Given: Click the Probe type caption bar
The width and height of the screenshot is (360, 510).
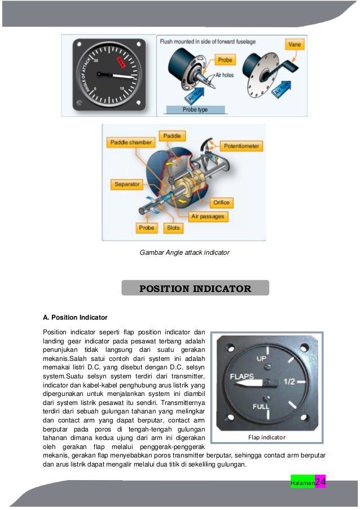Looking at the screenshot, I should point(195,110).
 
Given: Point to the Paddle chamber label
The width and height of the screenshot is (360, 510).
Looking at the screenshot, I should point(131,142).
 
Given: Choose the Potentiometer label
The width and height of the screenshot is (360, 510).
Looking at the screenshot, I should point(242,146).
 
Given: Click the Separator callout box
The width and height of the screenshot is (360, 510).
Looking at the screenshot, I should point(127,185).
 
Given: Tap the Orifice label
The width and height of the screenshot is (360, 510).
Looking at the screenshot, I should point(221,202).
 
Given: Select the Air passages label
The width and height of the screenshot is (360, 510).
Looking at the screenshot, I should point(207,216).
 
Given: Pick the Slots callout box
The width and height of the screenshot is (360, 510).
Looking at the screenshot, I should point(173,228).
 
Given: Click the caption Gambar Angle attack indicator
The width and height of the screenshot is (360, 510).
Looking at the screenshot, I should point(185,252).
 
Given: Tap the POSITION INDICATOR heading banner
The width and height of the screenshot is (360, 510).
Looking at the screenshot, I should point(195,289).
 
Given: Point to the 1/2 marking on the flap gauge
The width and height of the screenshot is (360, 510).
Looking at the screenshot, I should point(289,382).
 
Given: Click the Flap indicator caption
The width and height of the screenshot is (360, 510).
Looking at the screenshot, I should point(267,437).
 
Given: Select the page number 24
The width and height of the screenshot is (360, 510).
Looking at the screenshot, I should point(320,482).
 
